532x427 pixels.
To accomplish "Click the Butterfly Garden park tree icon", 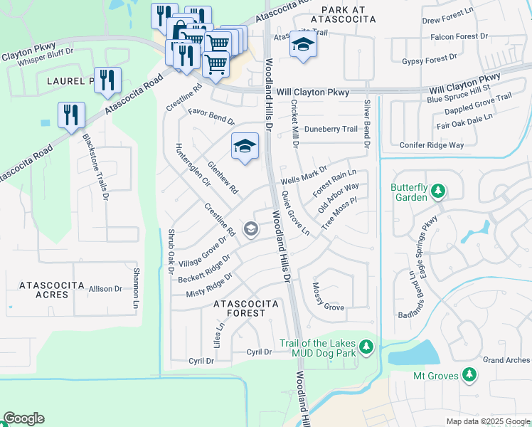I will coord(439,191).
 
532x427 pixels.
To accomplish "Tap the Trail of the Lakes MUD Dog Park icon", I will coord(366,347).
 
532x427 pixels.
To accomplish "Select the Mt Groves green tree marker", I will coord(469,374).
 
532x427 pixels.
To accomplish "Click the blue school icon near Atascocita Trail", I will coord(302,46).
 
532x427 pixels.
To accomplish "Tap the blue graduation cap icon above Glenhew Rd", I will coord(245,146).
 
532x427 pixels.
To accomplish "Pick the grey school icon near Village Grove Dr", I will coord(250,228).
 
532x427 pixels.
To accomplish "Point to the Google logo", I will coord(23,418).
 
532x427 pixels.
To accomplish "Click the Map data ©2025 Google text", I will coord(487,421).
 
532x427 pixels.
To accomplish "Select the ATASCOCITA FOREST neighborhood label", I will coord(246,308).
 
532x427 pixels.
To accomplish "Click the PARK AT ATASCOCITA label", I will coord(353,10).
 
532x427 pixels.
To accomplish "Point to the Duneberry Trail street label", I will coord(331,129).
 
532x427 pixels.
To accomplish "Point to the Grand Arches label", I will coord(507,360).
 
